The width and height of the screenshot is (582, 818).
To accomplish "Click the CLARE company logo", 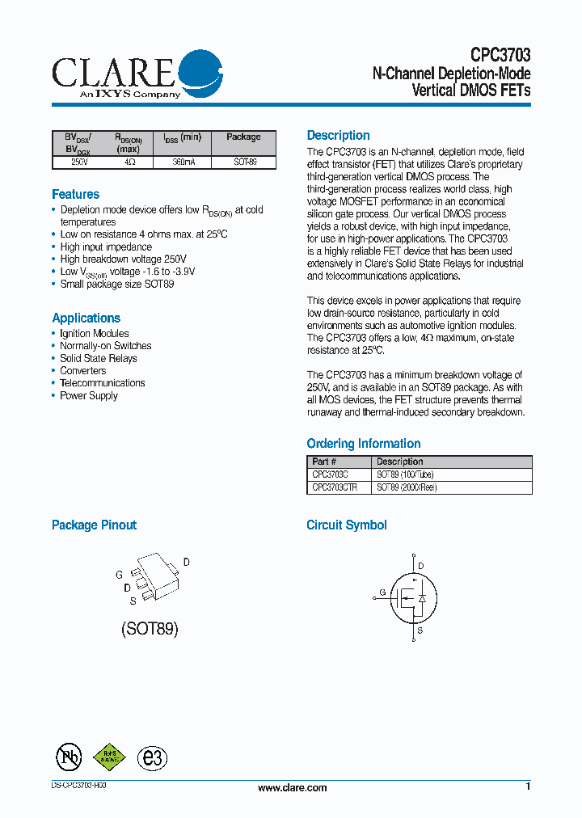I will click(x=137, y=74).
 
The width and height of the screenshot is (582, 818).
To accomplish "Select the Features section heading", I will click(x=75, y=194).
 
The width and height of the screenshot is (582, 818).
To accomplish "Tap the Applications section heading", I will click(x=86, y=318).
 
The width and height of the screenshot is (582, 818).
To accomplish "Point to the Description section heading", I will click(x=338, y=136).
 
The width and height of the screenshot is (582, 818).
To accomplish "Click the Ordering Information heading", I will click(x=363, y=443).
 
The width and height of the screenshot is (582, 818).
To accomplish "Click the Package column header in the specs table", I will click(x=243, y=137).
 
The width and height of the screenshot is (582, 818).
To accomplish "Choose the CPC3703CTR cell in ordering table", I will click(x=335, y=487).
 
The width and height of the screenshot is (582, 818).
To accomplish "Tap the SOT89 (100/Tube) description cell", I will click(x=407, y=474).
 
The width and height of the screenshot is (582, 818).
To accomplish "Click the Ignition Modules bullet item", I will click(x=94, y=333).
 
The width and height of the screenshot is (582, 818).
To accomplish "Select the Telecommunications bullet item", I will click(x=102, y=383).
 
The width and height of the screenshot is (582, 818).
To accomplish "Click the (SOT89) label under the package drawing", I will click(x=150, y=628).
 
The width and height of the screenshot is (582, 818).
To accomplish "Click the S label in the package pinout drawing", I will click(x=132, y=601).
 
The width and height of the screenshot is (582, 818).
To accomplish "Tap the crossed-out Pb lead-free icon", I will click(x=69, y=756).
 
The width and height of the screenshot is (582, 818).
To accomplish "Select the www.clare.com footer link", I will click(x=292, y=788).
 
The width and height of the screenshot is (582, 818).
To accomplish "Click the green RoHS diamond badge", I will click(x=109, y=756).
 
